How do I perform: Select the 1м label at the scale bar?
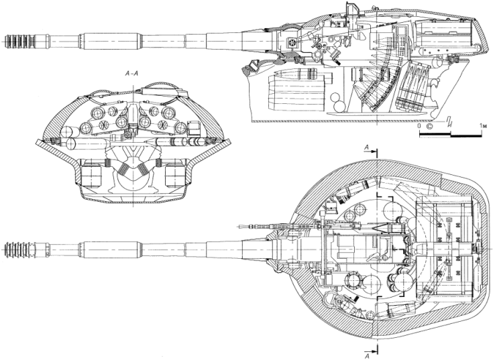pyautogui.click(x=482, y=126)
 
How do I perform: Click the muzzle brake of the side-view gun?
pyautogui.click(x=17, y=38)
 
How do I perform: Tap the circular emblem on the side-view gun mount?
pyautogui.click(x=292, y=44)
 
